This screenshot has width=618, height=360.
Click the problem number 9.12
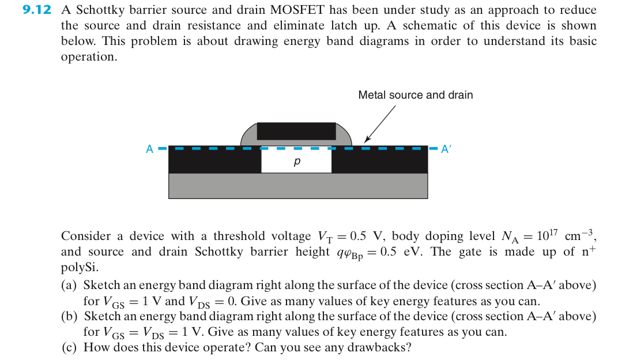click(x=36, y=10)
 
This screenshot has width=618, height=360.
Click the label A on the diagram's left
click(x=149, y=149)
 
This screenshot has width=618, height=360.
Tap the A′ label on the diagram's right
click(x=445, y=149)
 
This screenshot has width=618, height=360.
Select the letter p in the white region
click(x=296, y=163)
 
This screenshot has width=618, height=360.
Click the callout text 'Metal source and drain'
click(x=415, y=95)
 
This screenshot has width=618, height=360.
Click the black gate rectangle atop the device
click(x=296, y=131)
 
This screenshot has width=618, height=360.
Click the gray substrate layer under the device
click(x=297, y=186)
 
